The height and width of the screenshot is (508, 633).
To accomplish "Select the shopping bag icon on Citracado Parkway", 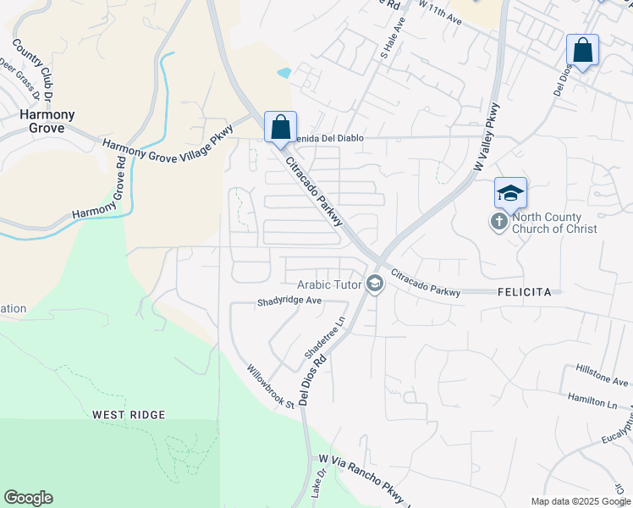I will tap(280, 128).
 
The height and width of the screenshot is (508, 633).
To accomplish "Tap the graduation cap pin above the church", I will tap(510, 194).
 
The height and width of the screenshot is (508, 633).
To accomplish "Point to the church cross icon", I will tap(499, 222).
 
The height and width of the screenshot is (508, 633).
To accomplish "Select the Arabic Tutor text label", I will tap(329, 284).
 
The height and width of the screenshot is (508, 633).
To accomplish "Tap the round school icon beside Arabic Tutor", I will tap(374, 284).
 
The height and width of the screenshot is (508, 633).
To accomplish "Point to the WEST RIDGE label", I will tap(130, 415).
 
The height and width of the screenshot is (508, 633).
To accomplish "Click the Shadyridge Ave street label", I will tap(290, 301).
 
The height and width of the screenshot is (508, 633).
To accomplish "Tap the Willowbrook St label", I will tap(270, 386).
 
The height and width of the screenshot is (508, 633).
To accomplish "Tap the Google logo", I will tap(28, 498).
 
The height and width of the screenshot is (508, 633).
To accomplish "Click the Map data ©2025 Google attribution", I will tap(580, 501).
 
